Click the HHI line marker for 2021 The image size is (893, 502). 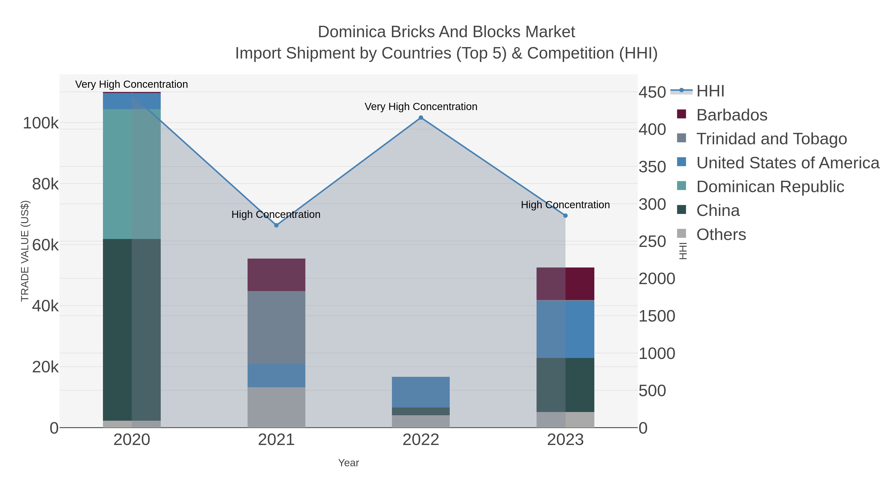(x=276, y=225)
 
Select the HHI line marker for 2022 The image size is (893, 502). (x=421, y=118)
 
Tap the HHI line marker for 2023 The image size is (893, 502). (x=565, y=215)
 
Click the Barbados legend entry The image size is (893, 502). (x=732, y=115)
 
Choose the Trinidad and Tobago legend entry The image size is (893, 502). (x=771, y=139)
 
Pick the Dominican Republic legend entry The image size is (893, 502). (x=770, y=186)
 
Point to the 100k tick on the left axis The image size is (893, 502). (x=41, y=123)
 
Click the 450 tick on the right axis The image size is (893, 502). (x=652, y=92)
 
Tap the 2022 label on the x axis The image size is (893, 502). (x=421, y=440)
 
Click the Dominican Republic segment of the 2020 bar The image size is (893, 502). (x=132, y=174)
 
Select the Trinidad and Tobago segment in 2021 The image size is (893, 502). (x=276, y=327)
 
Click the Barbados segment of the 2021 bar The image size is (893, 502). (x=276, y=275)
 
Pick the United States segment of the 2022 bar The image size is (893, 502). (x=421, y=392)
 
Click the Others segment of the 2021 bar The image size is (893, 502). (x=276, y=407)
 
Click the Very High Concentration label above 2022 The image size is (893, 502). (x=421, y=106)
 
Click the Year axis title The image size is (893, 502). (x=349, y=463)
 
